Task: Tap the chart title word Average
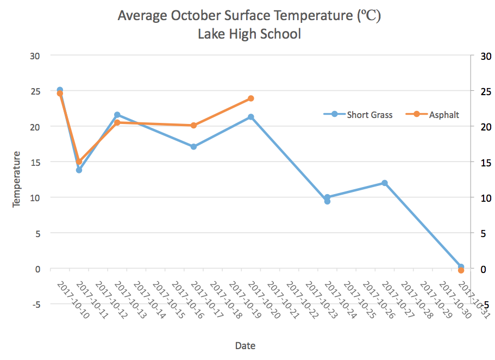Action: (143, 16)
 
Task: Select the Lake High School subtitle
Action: (249, 34)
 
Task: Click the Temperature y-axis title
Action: (16, 179)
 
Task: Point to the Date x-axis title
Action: (246, 345)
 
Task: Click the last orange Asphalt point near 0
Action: (461, 270)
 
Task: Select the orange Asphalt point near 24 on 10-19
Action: (251, 98)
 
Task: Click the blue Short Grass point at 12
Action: (385, 183)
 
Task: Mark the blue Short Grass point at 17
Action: (193, 146)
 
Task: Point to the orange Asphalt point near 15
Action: (79, 162)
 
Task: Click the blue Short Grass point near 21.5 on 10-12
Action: (117, 115)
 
